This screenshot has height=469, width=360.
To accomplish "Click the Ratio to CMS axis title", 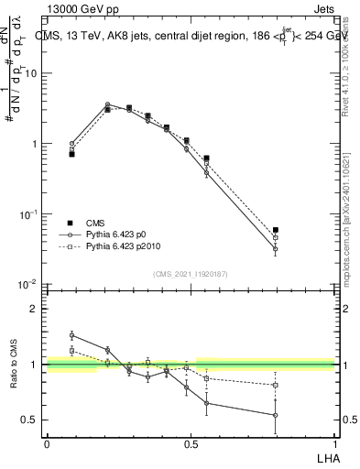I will click(14, 365).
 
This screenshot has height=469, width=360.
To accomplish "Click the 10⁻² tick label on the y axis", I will click(29, 285).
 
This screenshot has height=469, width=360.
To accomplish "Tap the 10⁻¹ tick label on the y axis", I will click(29, 214).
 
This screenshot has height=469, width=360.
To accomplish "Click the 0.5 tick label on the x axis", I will click(191, 443).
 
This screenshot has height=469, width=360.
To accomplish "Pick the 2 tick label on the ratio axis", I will click(35, 309).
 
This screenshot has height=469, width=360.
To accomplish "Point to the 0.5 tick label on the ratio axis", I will click(30, 420).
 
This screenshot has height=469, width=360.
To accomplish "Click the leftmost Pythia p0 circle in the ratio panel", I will click(72, 335).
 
